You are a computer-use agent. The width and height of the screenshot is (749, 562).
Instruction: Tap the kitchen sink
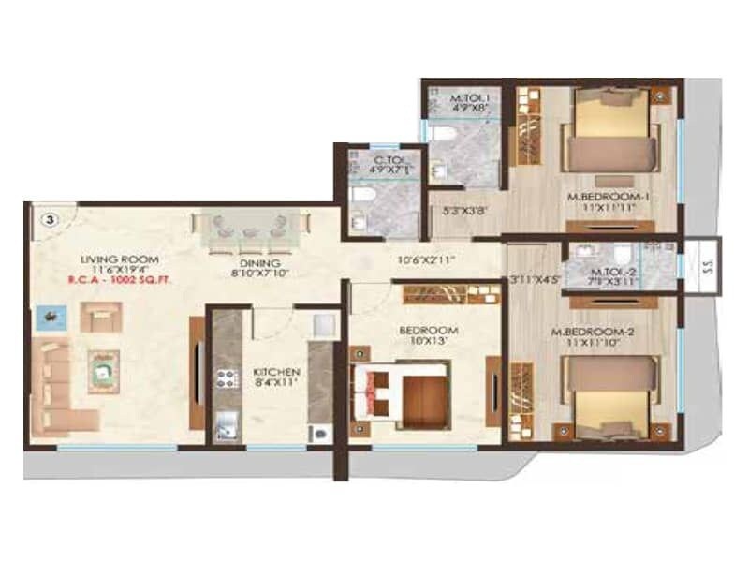(x=226, y=427)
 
